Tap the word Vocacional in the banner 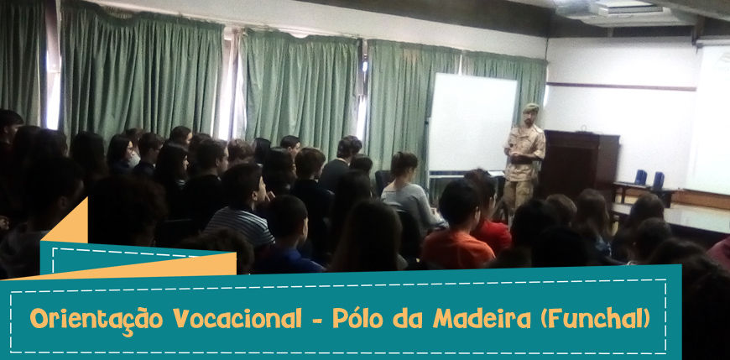[x=237, y=319]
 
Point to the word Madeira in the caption [x=482, y=319]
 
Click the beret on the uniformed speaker [x=530, y=107]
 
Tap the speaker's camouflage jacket [x=525, y=152]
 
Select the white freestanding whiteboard [x=472, y=123]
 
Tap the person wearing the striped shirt [x=241, y=205]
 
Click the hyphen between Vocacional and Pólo [x=317, y=320]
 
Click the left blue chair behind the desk [x=640, y=177]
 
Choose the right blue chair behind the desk [x=659, y=180]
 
